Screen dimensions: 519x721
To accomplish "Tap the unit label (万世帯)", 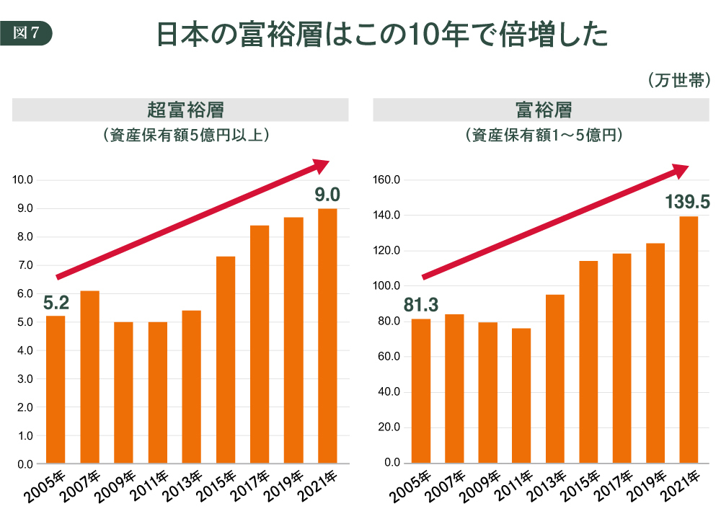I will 679,80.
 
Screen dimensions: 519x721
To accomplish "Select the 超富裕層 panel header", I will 180,110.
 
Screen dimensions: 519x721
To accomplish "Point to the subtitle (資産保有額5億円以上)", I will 180,135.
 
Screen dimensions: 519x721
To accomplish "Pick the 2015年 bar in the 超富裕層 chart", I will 226,360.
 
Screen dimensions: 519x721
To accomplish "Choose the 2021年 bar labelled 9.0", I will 327,335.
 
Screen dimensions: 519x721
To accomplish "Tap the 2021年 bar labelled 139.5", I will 689,339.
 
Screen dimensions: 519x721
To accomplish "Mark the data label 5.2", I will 56,303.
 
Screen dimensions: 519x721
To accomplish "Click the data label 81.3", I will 421,306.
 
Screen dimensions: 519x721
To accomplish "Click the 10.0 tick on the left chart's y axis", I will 25,180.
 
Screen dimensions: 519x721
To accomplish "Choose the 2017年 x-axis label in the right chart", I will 617,487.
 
